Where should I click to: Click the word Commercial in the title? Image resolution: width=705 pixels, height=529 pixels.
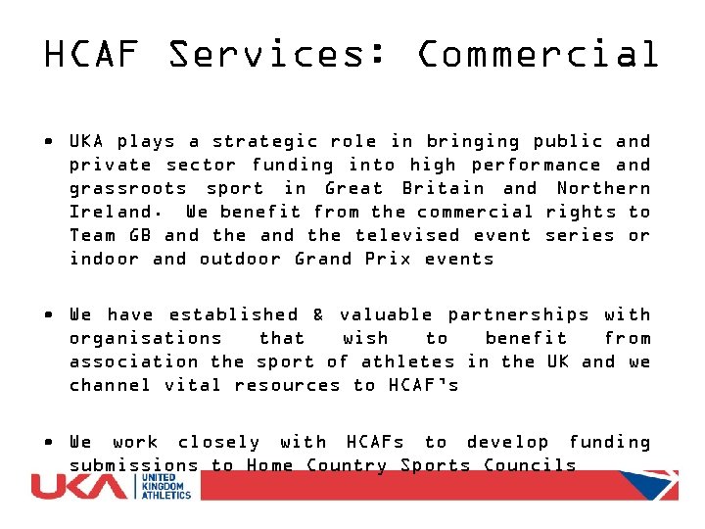pyautogui.click(x=539, y=55)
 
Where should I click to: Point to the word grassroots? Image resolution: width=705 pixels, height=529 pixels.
pyautogui.click(x=127, y=188)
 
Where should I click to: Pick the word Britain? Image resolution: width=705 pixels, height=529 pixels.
pyautogui.click(x=445, y=188)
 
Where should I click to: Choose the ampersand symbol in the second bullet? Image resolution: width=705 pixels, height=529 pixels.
pyautogui.click(x=318, y=314)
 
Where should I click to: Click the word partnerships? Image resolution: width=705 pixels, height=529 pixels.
pyautogui.click(x=518, y=314)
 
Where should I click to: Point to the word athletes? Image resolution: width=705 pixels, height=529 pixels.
pyautogui.click(x=407, y=361)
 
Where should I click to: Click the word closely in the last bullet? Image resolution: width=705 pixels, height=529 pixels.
pyautogui.click(x=219, y=442)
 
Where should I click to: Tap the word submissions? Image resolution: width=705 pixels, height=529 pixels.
pyautogui.click(x=133, y=465)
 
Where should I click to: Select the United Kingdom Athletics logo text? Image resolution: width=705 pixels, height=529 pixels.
pyautogui.click(x=167, y=486)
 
